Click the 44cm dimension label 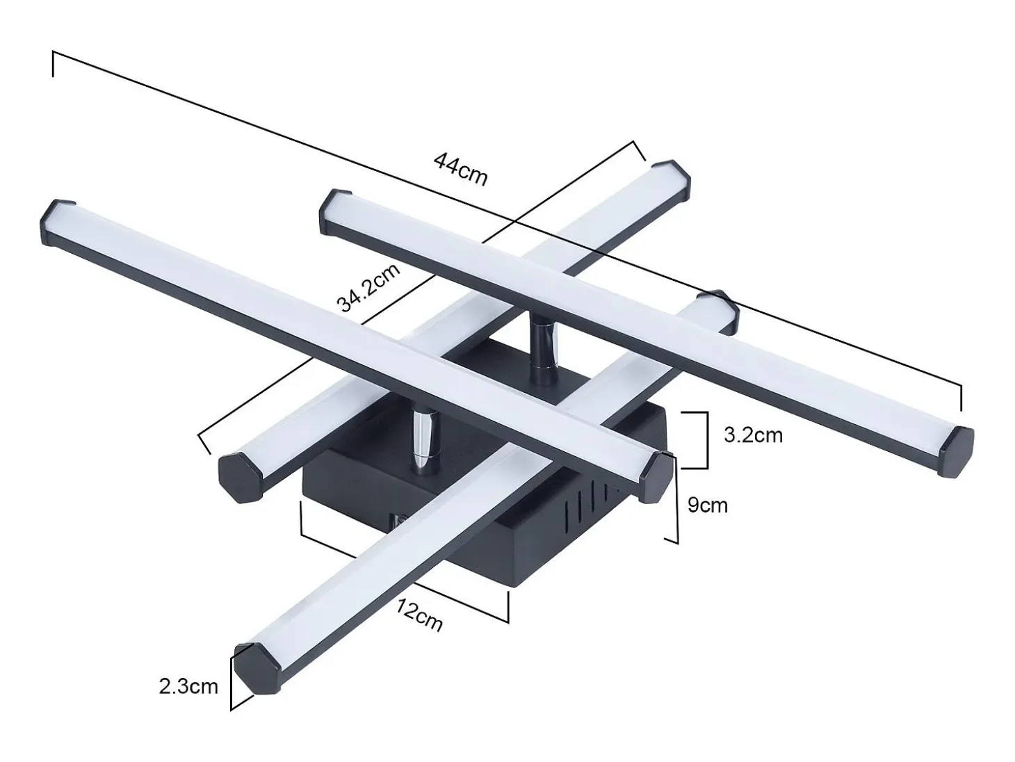point(460,169)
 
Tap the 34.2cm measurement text point(368,288)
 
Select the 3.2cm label point(753,435)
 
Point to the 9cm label point(708,505)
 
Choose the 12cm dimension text point(419,615)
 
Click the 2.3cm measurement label point(188,687)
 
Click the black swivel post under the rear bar point(544,341)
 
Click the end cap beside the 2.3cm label point(257,667)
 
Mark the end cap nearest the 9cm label point(656,476)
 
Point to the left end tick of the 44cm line point(53,64)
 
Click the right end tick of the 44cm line point(961,398)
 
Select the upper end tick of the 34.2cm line point(639,151)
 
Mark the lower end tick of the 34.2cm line point(204,444)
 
